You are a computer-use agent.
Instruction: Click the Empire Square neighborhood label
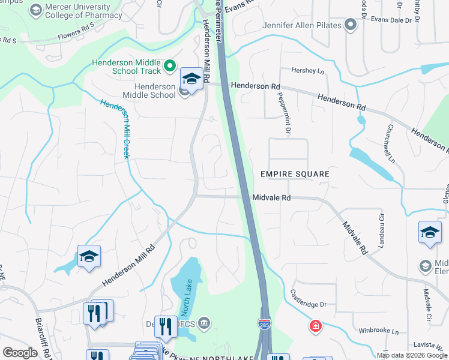point(295,174)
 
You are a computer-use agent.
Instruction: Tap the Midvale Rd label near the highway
point(271,197)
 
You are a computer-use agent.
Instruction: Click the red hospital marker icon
point(315,326)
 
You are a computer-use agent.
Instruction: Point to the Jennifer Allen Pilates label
point(301,25)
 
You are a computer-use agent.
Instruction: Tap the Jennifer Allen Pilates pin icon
point(351,25)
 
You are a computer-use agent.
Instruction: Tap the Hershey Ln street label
point(307,71)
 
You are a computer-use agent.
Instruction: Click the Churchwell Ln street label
point(391,143)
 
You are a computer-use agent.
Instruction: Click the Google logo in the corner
point(20,353)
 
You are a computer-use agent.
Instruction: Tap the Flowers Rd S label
point(76,30)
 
